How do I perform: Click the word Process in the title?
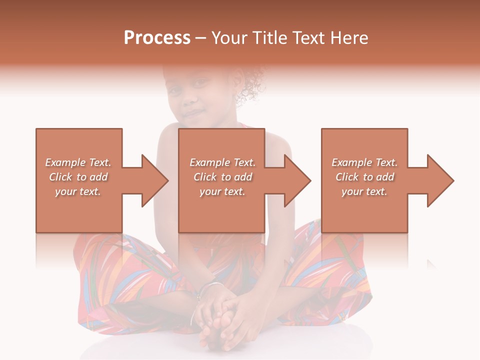pyautogui.click(x=157, y=37)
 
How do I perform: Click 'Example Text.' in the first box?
pyautogui.click(x=78, y=162)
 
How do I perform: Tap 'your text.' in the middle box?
pyautogui.click(x=222, y=191)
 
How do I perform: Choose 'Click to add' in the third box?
pyautogui.click(x=365, y=177)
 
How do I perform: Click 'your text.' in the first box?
pyautogui.click(x=78, y=191)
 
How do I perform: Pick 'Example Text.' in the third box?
pyautogui.click(x=364, y=162)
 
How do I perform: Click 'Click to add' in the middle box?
pyautogui.click(x=222, y=177)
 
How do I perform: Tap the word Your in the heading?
pyautogui.click(x=229, y=37)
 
